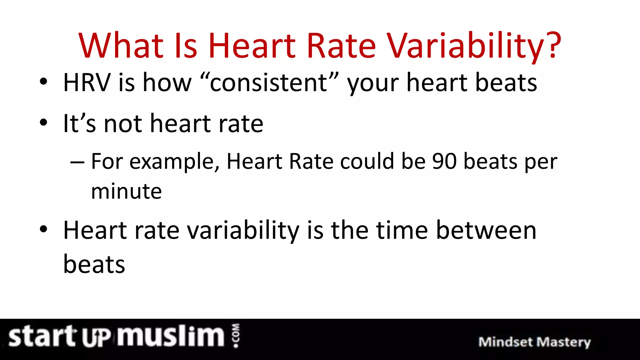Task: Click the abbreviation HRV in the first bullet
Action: click(87, 82)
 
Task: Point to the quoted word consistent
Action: click(269, 82)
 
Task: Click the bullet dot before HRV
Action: click(43, 82)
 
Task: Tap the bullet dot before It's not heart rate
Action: click(43, 123)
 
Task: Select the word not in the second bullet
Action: click(123, 124)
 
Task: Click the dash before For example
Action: click(77, 162)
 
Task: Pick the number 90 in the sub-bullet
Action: click(444, 162)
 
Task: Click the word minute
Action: click(126, 191)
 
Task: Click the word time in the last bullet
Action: click(402, 230)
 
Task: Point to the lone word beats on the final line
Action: click(94, 264)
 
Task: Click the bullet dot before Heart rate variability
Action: click(43, 229)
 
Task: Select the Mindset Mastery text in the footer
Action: click(534, 342)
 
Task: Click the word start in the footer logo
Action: click(42, 337)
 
